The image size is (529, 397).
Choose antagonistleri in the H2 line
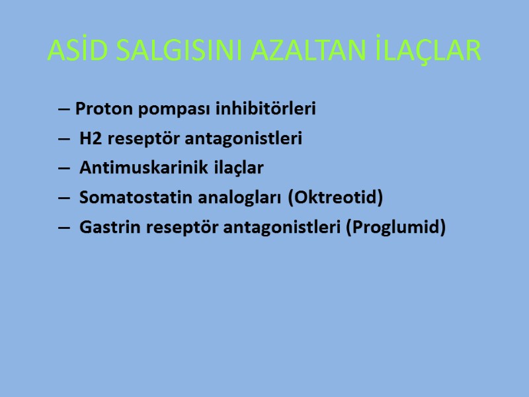[x=244, y=139]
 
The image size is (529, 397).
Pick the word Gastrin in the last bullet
[x=105, y=227]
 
